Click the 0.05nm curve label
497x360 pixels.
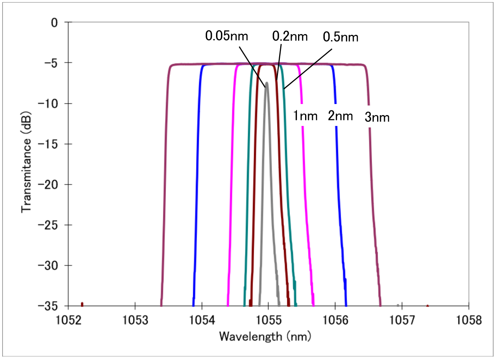coord(226,36)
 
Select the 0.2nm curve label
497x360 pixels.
coord(290,36)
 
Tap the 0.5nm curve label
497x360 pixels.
coord(340,37)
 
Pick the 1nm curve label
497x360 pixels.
coord(305,116)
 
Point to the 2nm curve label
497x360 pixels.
coord(340,116)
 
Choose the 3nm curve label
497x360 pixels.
coord(377,117)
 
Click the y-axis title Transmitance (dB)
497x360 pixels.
coord(26,162)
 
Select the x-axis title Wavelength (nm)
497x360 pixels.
coord(265,337)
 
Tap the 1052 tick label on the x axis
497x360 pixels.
coord(68,320)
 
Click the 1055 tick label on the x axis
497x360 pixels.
coord(268,320)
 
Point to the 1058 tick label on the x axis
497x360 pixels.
coord(468,320)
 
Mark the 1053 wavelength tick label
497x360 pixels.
coord(135,320)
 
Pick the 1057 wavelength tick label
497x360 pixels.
coord(402,320)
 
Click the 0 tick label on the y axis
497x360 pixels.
coord(55,23)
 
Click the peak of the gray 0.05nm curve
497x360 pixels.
coord(267,83)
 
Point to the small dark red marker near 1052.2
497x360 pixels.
coord(82,304)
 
